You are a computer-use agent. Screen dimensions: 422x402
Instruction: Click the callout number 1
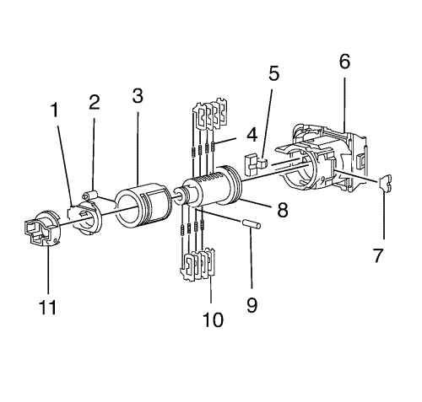point(54,110)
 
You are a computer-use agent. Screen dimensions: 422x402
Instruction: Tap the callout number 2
point(95,102)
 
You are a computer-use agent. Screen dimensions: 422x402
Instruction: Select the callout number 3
point(138,96)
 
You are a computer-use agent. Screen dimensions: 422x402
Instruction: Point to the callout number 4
point(252,135)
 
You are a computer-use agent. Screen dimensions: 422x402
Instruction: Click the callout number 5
point(274,73)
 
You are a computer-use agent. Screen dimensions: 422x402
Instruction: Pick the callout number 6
point(344,61)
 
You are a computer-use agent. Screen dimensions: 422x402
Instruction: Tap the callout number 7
point(378,255)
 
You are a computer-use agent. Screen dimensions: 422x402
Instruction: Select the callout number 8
point(283,210)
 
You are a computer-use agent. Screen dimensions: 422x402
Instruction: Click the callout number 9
point(252,304)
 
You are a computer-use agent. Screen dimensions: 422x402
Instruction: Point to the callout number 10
point(213,319)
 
